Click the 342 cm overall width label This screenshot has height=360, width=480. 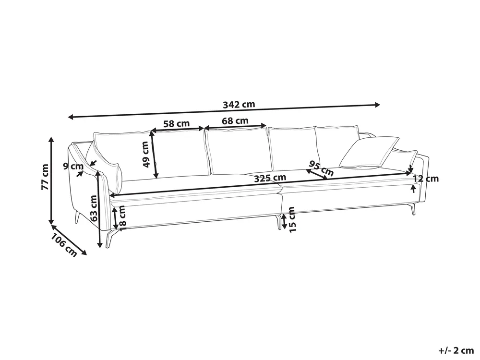pyautogui.click(x=239, y=104)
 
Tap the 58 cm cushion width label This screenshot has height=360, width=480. pyautogui.click(x=176, y=124)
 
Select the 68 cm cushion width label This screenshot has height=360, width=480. pyautogui.click(x=235, y=120)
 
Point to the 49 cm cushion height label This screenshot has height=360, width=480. pyautogui.click(x=146, y=154)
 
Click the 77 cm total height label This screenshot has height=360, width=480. pyautogui.click(x=45, y=177)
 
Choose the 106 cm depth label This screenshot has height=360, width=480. pyautogui.click(x=64, y=245)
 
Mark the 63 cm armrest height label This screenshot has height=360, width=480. pyautogui.click(x=94, y=208)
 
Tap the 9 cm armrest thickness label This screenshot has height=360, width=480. pyautogui.click(x=73, y=166)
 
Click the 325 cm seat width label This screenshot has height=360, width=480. pyautogui.click(x=270, y=178)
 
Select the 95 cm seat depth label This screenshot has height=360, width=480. pyautogui.click(x=321, y=168)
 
